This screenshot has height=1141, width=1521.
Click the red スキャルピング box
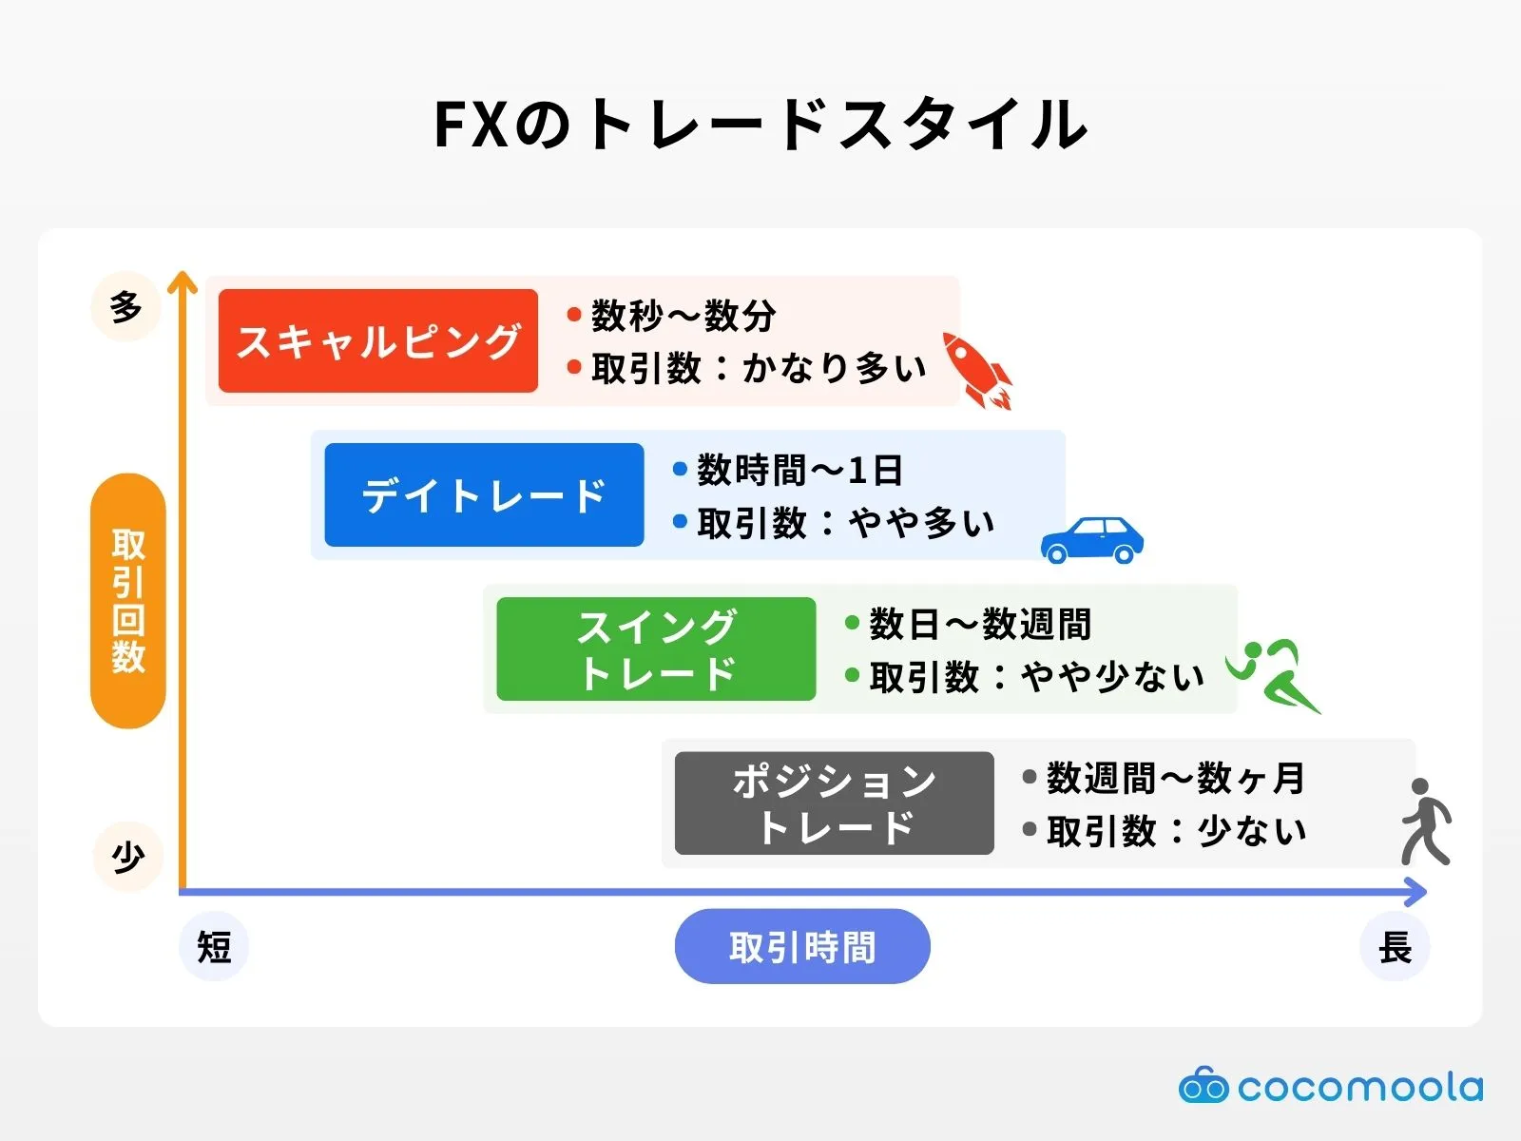(377, 340)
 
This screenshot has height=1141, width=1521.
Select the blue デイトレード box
(484, 494)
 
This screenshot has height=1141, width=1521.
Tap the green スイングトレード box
(656, 648)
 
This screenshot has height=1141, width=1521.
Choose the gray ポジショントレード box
(834, 803)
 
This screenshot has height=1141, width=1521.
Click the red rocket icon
(976, 371)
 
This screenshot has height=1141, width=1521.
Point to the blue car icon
(1091, 540)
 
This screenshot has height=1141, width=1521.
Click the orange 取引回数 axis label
(128, 601)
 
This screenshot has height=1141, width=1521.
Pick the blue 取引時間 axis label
(802, 946)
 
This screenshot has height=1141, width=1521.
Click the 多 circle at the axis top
(126, 307)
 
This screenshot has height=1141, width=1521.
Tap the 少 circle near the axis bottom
(128, 857)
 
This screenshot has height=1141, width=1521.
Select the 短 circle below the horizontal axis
(214, 946)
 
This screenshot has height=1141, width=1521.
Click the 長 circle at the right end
(1395, 946)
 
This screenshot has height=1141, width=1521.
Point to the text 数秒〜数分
(683, 315)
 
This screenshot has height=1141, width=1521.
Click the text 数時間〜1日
(799, 469)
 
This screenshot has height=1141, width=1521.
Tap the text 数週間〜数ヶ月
(1175, 778)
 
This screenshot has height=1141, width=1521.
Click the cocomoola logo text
(1359, 1087)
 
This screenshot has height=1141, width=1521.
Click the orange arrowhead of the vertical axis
(182, 281)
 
